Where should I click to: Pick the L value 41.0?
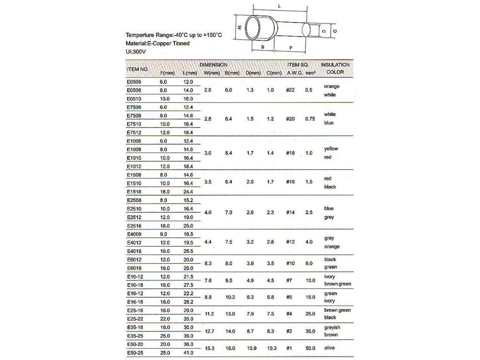[188, 352]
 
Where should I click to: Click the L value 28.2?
[188, 301]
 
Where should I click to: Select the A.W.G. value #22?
[291, 90]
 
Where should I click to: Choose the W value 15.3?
[210, 348]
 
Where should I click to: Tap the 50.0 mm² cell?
[310, 348]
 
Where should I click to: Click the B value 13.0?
[230, 314]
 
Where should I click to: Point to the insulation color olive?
[331, 348]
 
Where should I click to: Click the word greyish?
[332, 327]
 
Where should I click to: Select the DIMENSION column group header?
[214, 64]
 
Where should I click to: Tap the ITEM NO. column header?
[138, 69]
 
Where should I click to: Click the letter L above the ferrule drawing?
[279, 7]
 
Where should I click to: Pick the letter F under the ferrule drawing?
[291, 47]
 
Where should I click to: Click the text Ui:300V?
[137, 52]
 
